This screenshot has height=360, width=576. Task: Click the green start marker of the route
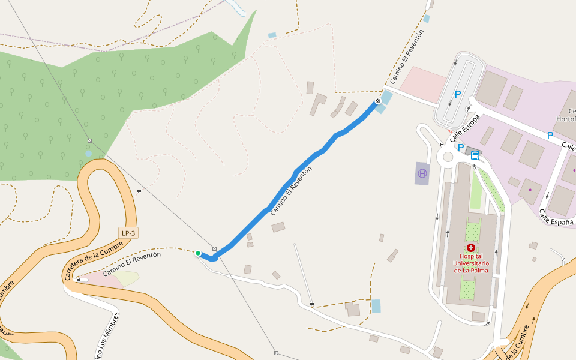[x=198, y=253]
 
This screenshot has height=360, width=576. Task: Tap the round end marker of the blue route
[x=378, y=101]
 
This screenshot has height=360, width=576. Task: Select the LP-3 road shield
[x=128, y=233]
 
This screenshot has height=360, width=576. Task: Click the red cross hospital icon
[x=471, y=248]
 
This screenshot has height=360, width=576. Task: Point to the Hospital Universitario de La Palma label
[x=471, y=263]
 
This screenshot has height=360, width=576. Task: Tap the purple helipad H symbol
[x=422, y=173]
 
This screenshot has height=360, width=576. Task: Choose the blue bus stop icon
[x=475, y=155]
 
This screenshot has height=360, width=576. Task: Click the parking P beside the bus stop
[x=461, y=148]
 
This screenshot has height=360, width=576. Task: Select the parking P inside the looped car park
[x=458, y=94]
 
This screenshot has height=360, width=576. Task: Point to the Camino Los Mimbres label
[x=107, y=336]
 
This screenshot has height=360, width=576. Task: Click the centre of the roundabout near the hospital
[x=446, y=157]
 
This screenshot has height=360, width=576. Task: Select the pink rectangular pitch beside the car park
[x=424, y=84]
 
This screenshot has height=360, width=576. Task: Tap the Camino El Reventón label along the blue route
[x=292, y=191]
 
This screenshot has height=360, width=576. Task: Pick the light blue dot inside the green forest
[x=89, y=153]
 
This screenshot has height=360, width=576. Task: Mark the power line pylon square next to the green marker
[x=214, y=248]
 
